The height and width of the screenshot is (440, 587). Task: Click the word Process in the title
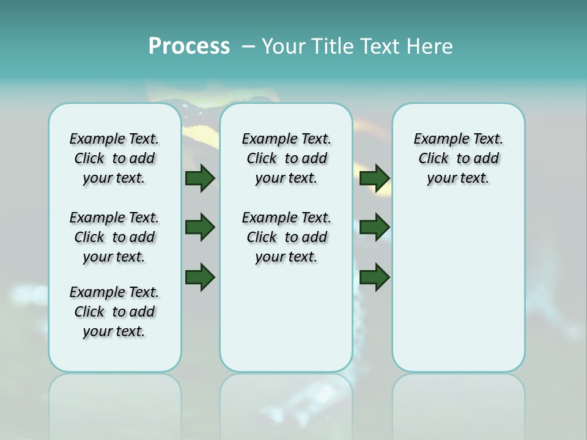coord(189,46)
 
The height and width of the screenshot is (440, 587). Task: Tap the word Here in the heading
coord(430,46)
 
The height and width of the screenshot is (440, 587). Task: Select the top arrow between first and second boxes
coord(200,178)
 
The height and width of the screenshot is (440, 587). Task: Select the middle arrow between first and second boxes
coord(200,227)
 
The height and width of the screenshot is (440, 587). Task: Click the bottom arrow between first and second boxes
coord(200,277)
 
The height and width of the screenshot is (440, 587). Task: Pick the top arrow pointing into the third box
coord(375,178)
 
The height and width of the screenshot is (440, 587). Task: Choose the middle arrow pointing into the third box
coord(375,227)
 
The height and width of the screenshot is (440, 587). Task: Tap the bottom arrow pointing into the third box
coord(375,277)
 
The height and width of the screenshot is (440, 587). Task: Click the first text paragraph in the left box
coord(114,158)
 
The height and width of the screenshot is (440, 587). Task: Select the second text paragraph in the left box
coord(114,237)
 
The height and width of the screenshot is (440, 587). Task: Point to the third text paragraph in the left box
coord(114,312)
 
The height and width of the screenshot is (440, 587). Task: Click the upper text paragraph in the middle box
coord(286,158)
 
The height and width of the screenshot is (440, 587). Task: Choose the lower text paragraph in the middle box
coord(286,237)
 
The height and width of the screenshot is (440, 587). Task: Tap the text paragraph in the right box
coord(458,158)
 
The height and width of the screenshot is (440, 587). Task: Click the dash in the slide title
coord(248,46)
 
